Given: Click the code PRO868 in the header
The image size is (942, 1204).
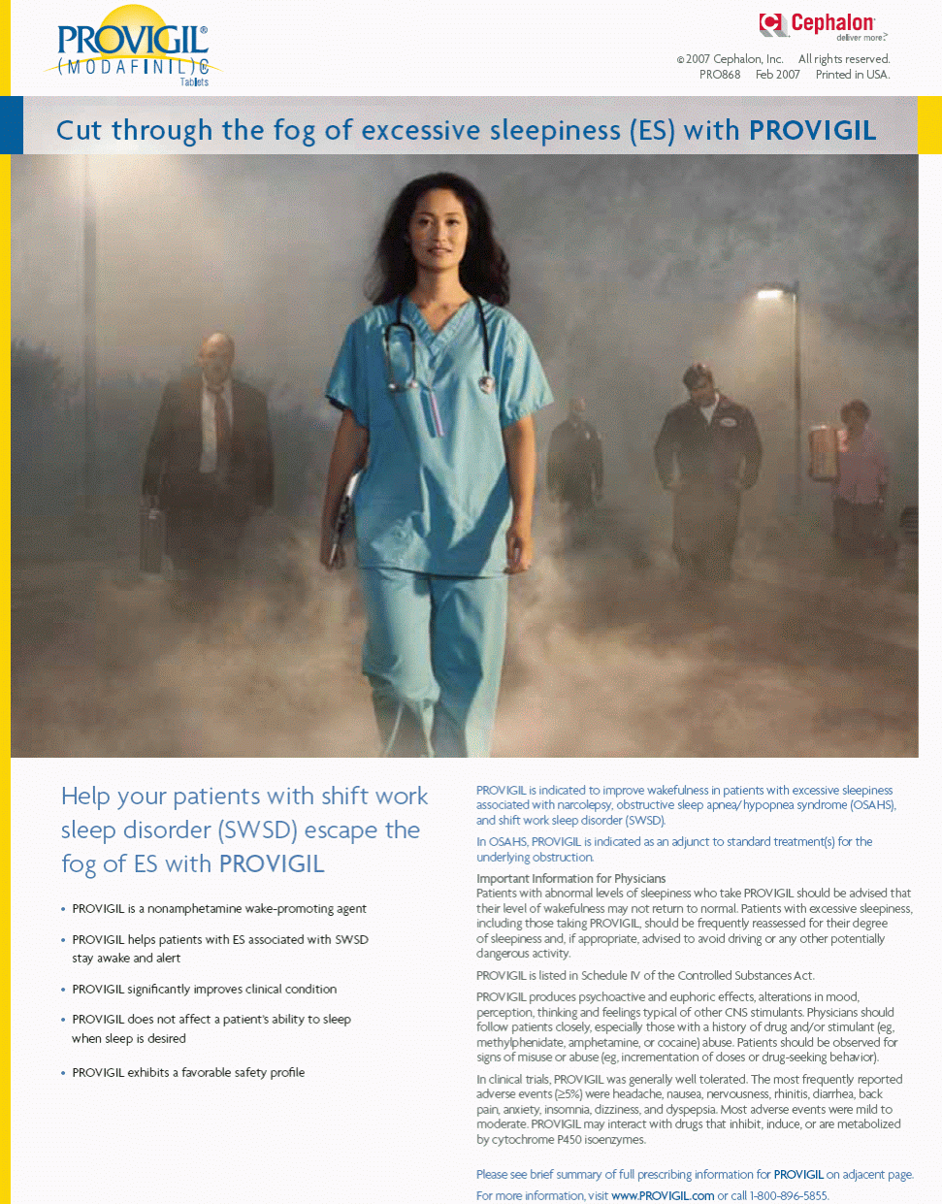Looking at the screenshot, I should pos(719,75).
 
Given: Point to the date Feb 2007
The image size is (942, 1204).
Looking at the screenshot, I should pos(777,75).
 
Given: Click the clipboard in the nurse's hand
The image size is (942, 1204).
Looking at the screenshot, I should pos(342,514).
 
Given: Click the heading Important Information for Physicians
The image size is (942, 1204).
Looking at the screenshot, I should pos(570,878).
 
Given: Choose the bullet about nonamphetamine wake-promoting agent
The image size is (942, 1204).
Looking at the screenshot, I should pos(218,909).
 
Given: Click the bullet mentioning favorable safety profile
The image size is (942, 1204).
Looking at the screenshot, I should pos(188,1072).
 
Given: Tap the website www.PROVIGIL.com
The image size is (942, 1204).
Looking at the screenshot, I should pos(662,1195).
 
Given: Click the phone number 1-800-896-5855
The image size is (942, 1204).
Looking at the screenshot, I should pos(789,1195).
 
